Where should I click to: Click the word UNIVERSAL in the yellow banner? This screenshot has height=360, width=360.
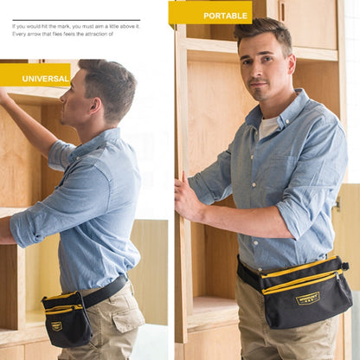[x=46, y=79]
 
